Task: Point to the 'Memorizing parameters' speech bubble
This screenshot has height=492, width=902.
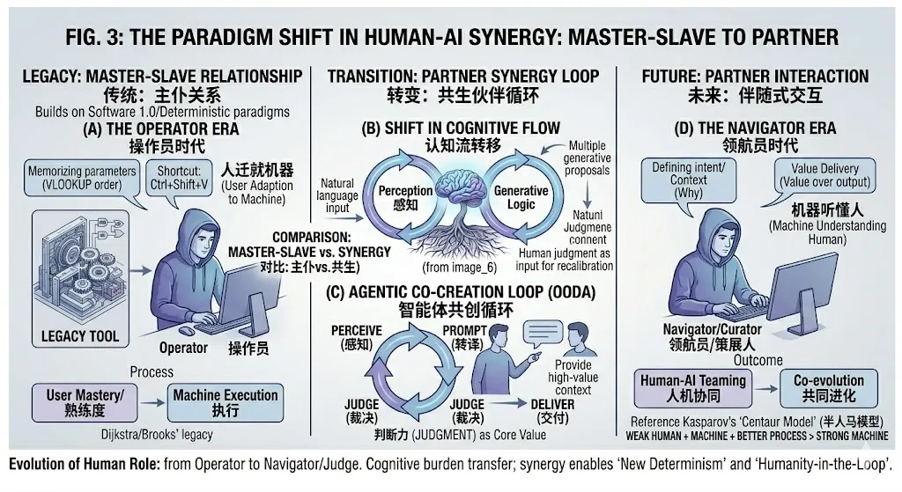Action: coord(82,179)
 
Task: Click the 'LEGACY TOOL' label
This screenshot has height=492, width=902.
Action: coord(80,336)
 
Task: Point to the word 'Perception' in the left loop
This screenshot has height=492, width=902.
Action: coord(405,190)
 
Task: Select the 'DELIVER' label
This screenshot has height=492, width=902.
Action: coord(552,404)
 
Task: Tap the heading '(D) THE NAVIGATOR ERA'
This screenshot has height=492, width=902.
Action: coord(755,129)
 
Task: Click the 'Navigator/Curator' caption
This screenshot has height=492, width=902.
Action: coord(710,328)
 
